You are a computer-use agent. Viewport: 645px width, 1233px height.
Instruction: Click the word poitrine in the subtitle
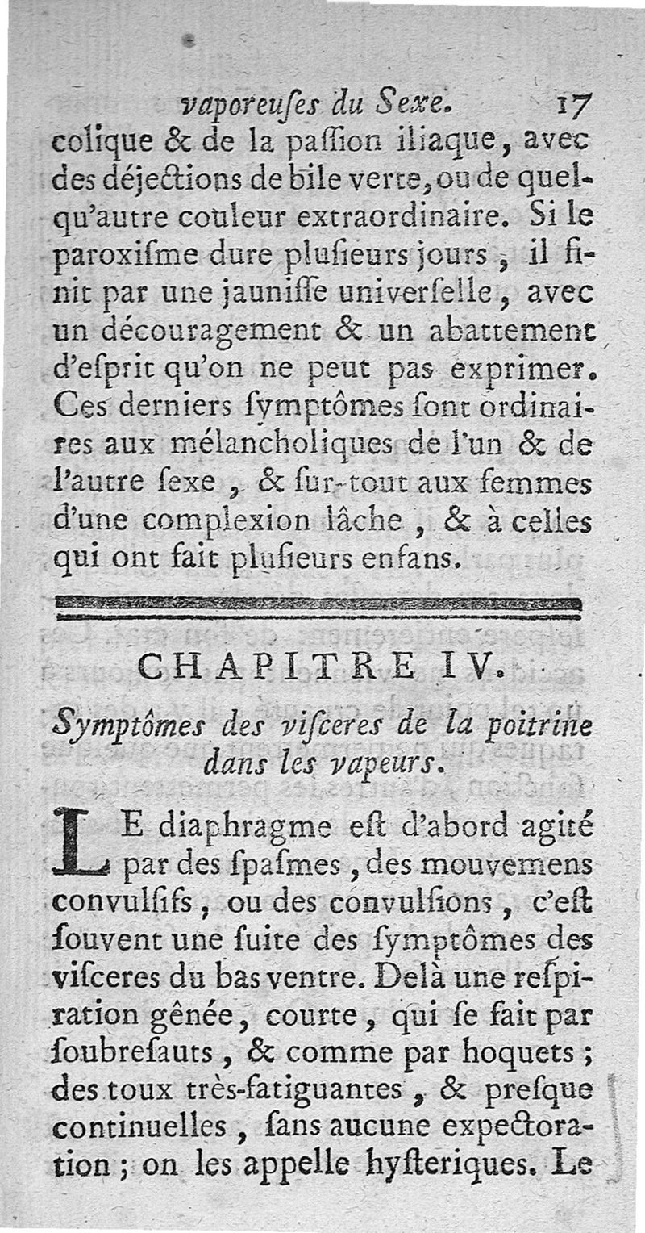tap(541, 726)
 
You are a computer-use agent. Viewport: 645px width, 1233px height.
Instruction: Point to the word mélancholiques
tap(281, 446)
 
